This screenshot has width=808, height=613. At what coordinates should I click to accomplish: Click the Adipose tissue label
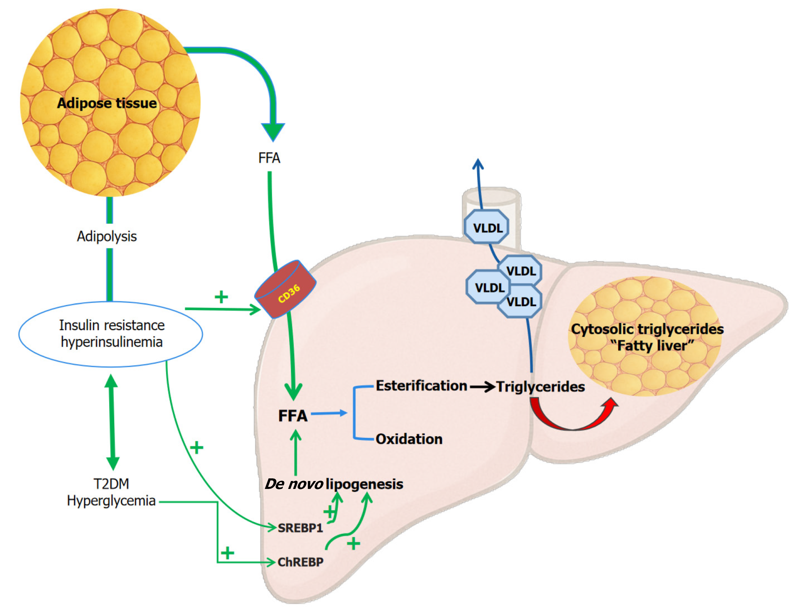pyautogui.click(x=107, y=103)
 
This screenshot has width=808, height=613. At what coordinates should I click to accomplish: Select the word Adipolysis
pyautogui.click(x=107, y=237)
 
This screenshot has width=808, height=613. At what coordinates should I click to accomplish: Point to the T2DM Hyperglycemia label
pyautogui.click(x=111, y=492)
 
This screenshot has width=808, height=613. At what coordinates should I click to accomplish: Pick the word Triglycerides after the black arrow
pyautogui.click(x=541, y=387)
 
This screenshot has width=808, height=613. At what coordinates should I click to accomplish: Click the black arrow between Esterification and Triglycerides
pyautogui.click(x=482, y=387)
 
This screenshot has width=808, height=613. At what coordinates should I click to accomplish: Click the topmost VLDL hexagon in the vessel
pyautogui.click(x=487, y=228)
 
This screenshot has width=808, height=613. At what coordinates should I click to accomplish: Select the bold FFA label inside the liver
pyautogui.click(x=293, y=416)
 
